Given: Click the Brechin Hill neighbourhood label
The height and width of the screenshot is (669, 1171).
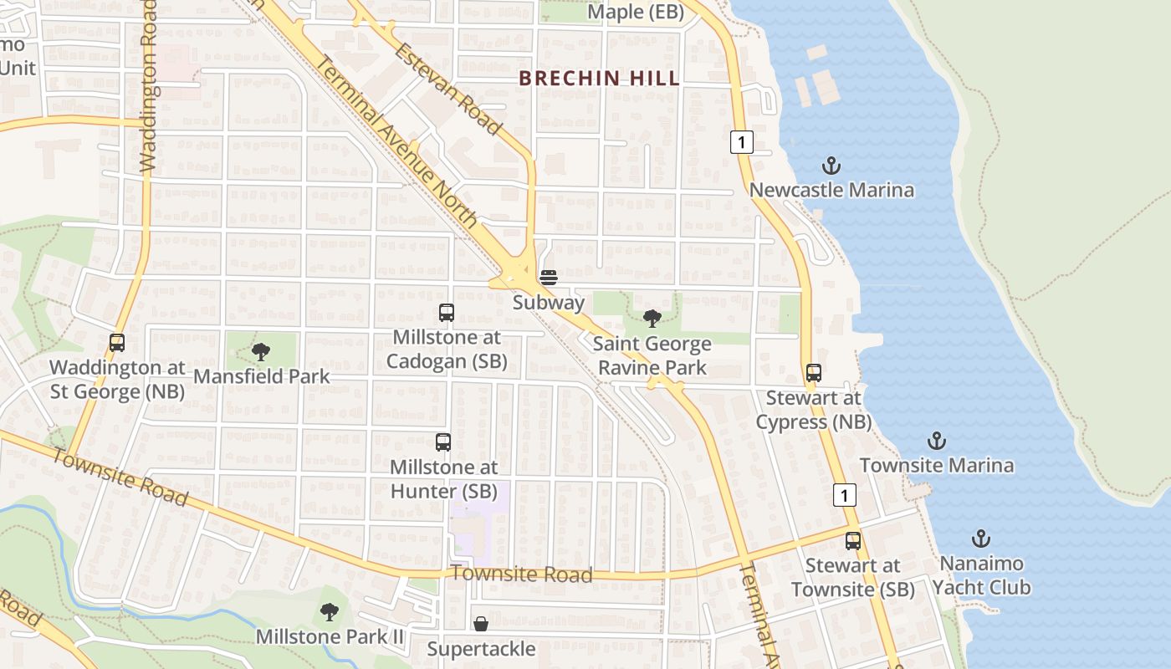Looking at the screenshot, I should click(598, 79).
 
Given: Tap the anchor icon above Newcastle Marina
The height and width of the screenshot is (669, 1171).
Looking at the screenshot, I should click(831, 166).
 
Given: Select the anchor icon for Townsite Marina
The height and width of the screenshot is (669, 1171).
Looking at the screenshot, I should click(937, 441).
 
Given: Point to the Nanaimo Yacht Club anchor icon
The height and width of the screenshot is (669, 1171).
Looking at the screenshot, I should click(981, 539).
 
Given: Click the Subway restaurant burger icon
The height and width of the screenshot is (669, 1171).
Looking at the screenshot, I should click(549, 278).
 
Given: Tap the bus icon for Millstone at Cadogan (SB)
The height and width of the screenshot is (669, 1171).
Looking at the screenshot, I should click(447, 313).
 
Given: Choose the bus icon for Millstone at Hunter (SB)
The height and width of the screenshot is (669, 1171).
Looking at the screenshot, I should click(443, 442).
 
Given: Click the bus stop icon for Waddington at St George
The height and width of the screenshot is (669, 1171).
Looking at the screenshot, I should click(117, 343).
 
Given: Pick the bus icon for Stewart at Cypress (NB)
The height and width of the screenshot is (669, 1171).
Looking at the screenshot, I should click(814, 373).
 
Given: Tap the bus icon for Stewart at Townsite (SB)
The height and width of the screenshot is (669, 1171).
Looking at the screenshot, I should click(853, 541).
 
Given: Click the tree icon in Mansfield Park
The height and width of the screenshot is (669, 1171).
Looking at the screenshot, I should click(261, 352).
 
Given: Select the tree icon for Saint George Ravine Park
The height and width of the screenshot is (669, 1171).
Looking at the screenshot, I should click(652, 319).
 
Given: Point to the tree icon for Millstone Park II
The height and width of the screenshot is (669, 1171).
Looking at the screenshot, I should click(330, 612).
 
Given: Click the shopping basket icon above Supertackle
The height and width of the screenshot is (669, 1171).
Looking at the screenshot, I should click(481, 624).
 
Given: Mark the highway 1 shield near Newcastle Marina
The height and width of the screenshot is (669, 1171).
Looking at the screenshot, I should click(741, 142).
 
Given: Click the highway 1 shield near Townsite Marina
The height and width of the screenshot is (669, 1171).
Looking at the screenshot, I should click(845, 495).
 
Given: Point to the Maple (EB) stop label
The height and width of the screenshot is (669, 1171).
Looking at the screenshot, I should click(636, 13).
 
